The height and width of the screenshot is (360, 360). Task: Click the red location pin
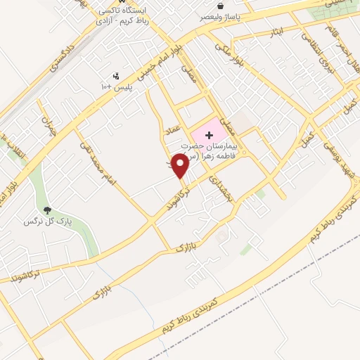(x=180, y=165)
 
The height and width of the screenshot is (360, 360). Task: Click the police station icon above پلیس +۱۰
(x=117, y=76)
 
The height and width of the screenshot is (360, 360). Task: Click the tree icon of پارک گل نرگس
(x=47, y=210)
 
